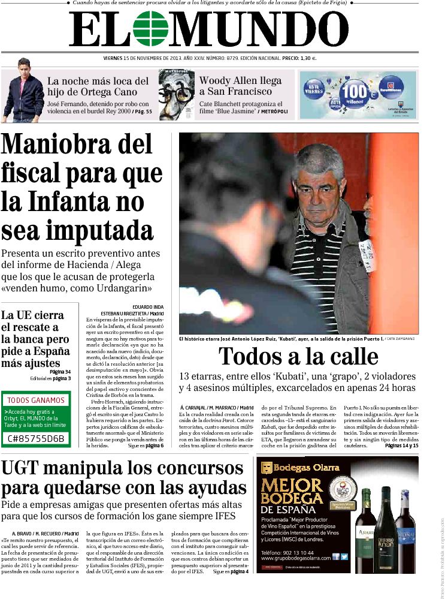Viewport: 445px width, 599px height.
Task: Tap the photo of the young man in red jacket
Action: point(22,89)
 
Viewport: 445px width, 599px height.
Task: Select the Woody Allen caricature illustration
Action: point(176,95)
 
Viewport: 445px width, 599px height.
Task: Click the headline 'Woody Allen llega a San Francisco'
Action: point(240,86)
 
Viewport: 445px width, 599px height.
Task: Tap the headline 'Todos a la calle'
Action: point(298,356)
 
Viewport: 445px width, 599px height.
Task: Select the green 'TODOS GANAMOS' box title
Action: point(35,400)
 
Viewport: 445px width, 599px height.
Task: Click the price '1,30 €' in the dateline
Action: point(307,58)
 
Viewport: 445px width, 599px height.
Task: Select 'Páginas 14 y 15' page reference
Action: point(401,446)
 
